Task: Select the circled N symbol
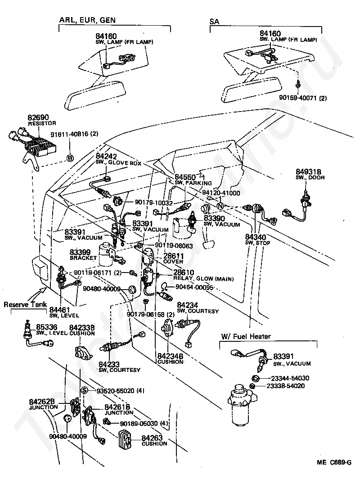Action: [x=220, y=206]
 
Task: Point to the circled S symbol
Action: [x=84, y=390]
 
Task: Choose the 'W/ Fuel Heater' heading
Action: [x=245, y=336]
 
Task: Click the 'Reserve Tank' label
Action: [x=25, y=304]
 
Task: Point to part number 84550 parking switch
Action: [x=185, y=178]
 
